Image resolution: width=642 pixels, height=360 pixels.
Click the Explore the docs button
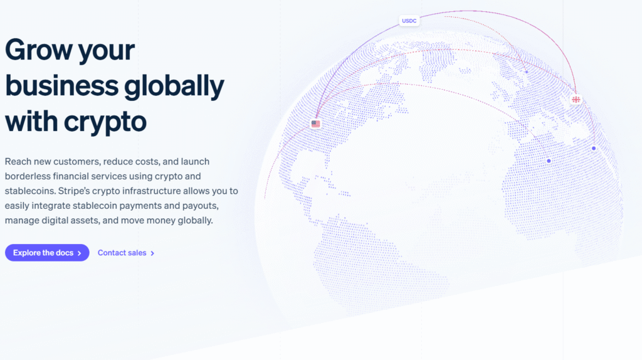(x=47, y=253)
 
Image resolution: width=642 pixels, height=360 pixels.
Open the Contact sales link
(x=122, y=253)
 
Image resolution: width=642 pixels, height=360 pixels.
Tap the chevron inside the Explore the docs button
(x=80, y=253)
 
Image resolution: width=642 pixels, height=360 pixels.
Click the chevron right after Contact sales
(x=152, y=253)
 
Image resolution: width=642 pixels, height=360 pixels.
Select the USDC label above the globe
(x=409, y=21)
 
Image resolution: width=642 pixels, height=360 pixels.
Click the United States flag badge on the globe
(x=315, y=124)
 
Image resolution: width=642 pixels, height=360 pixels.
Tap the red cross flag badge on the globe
(x=576, y=99)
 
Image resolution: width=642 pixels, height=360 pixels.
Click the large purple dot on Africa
(x=549, y=161)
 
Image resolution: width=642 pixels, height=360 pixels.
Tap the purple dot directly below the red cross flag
(x=594, y=148)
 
